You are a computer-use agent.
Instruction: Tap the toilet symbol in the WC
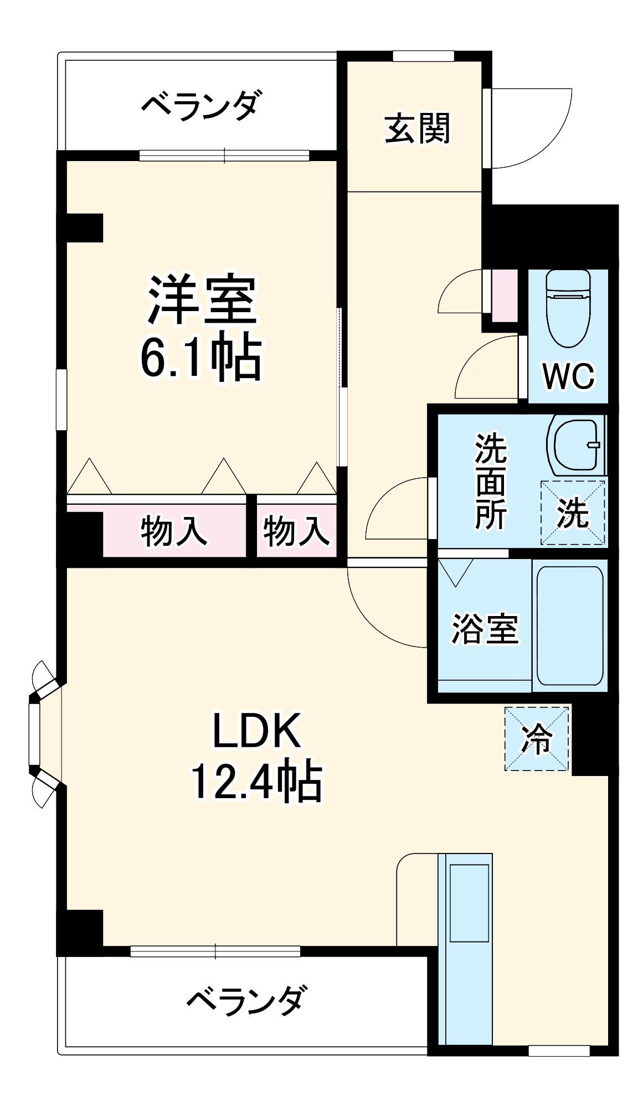[x=568, y=307]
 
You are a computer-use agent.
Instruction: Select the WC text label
[x=568, y=376]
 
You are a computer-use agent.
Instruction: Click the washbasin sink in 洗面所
[x=576, y=446]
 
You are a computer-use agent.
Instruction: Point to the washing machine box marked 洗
[x=573, y=513]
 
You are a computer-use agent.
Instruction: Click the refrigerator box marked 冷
[x=536, y=738]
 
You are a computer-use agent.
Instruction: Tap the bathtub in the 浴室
[x=569, y=625]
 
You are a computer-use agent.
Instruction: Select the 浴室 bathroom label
[x=485, y=629]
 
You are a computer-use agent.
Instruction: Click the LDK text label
[x=256, y=731]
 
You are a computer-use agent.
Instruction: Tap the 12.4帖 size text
[x=256, y=781]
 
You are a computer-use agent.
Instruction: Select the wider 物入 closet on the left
[x=173, y=530]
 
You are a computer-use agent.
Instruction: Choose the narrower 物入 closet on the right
[x=296, y=530]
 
